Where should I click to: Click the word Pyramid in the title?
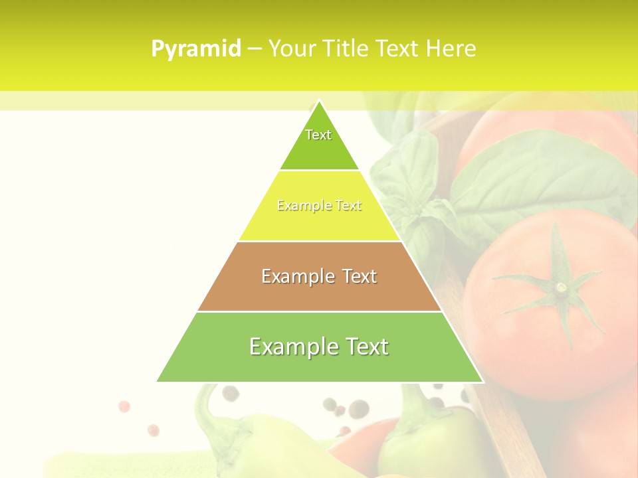coord(195,49)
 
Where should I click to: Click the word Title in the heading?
coord(345,49)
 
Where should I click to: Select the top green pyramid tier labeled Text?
coord(319,143)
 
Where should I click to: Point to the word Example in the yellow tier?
coord(297,206)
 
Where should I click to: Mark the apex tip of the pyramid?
coord(319,102)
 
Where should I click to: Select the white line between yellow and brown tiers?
coord(319,241)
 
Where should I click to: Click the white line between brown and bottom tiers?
coord(319,311)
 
